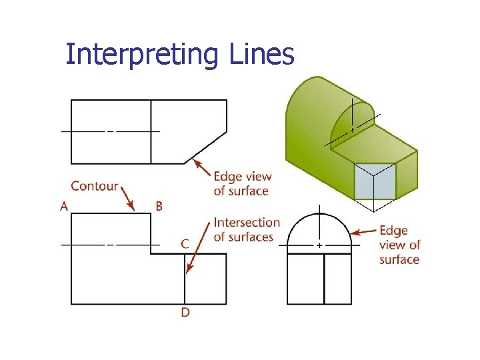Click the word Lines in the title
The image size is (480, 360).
[x=261, y=55]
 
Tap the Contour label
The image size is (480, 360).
[x=95, y=186]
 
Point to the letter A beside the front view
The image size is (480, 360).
[x=64, y=206]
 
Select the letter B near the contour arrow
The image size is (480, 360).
[x=159, y=206]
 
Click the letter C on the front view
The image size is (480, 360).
[x=185, y=244]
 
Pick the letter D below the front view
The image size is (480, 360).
[x=185, y=312]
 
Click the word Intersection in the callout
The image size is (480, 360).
[x=247, y=223]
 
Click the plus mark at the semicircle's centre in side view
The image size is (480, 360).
[x=319, y=245]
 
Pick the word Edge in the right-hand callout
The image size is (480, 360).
[x=393, y=231]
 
